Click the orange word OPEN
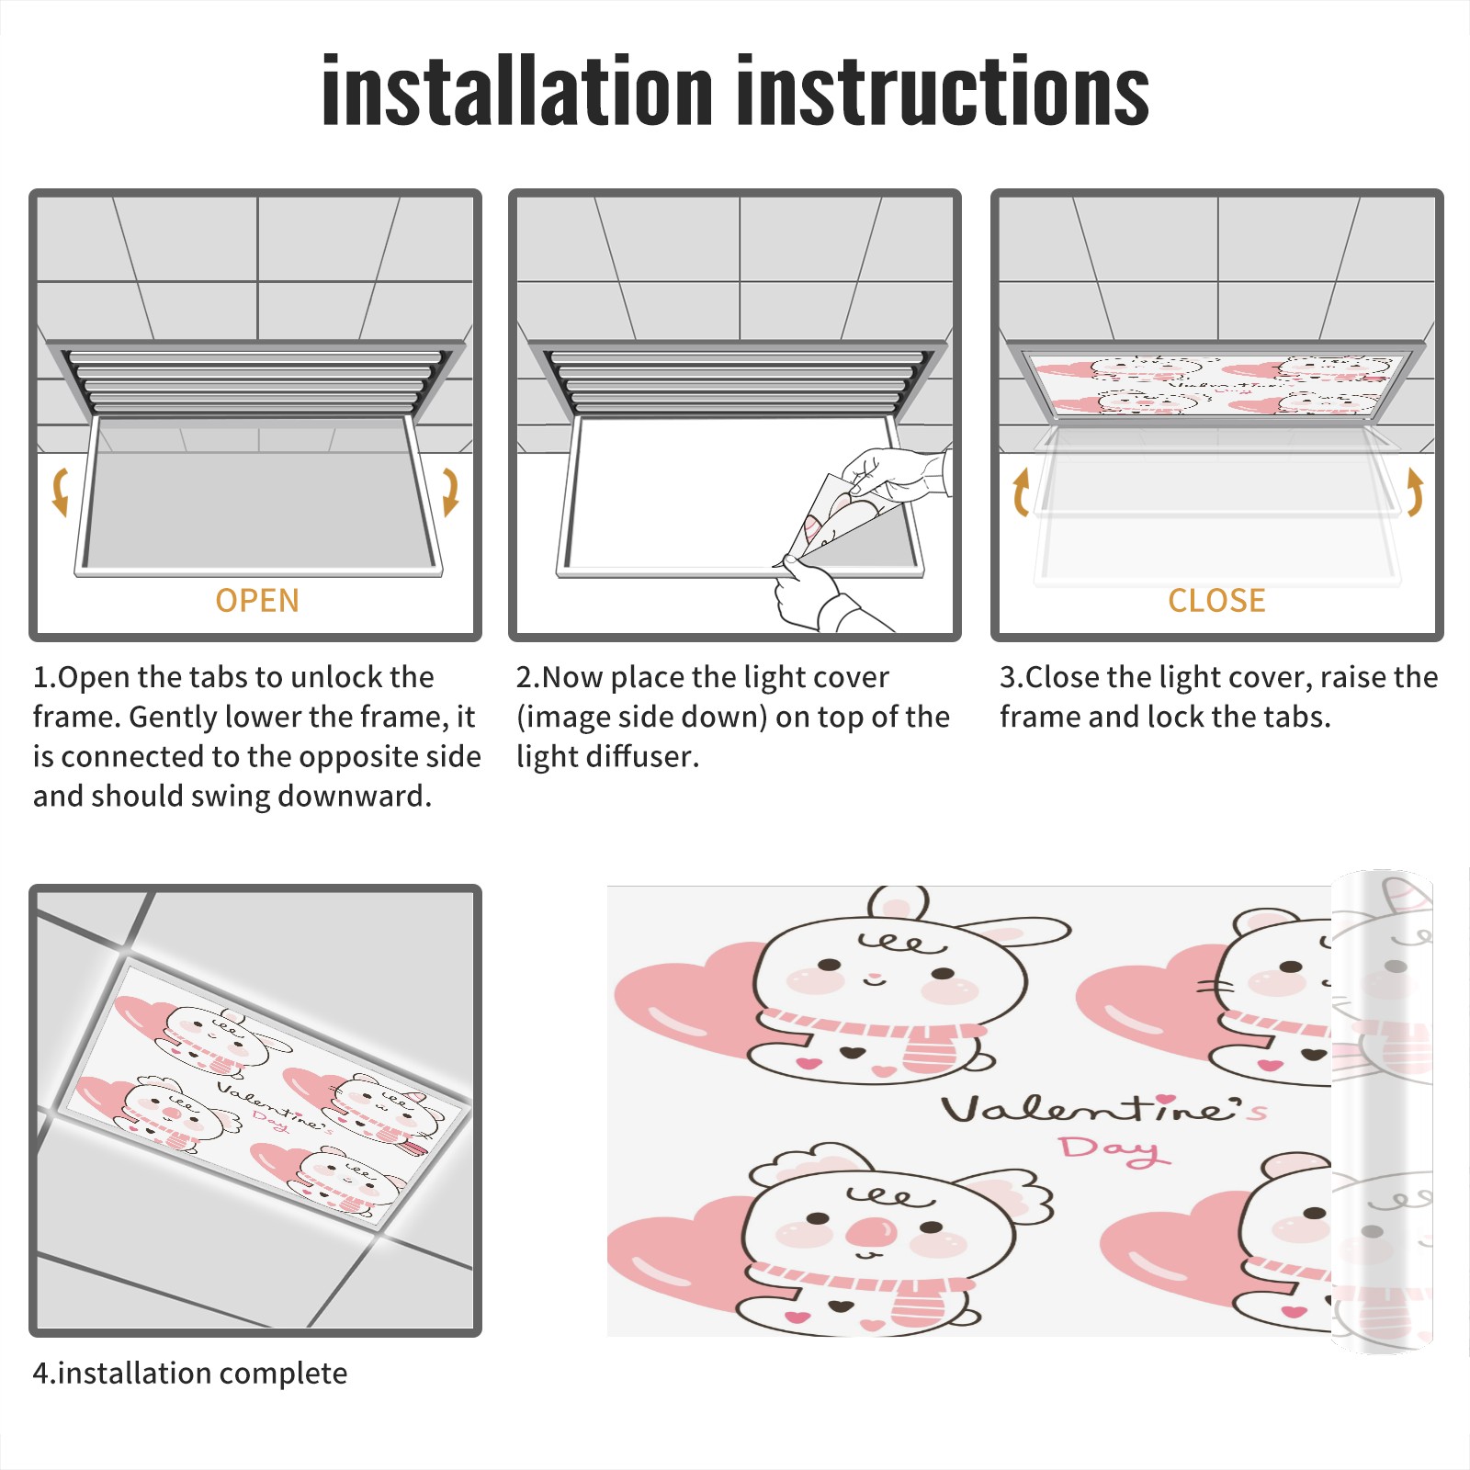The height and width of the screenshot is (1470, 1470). point(257,601)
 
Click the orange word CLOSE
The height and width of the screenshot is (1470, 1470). point(1216,601)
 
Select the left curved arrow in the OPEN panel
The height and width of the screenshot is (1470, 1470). point(60,492)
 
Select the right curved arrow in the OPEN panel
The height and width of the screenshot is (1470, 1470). point(450,492)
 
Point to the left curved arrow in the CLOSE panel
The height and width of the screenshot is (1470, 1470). point(1021,492)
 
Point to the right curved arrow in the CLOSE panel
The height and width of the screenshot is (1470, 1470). point(1415,492)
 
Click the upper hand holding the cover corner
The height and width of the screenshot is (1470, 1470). point(896,473)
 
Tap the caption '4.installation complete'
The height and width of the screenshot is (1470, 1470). point(190,1374)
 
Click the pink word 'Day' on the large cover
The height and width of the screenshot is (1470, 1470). point(1114,1149)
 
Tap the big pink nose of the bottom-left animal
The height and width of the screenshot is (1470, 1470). point(870,1233)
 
